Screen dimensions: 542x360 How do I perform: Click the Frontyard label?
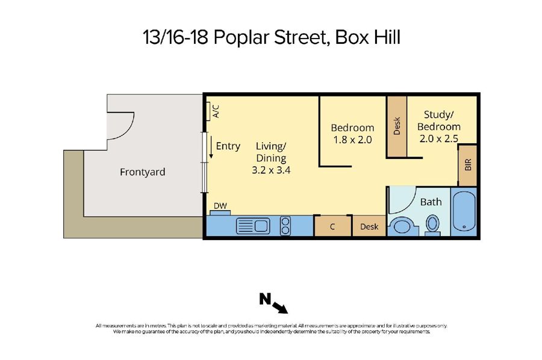(142, 172)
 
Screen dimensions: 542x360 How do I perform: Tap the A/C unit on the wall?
(208, 111)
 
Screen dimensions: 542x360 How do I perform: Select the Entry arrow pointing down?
(211, 147)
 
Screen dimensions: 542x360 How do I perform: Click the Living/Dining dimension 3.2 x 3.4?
(271, 170)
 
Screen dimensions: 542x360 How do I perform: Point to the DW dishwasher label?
(220, 206)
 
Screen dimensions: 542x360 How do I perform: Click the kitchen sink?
(253, 226)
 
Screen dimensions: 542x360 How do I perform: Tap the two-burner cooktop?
(285, 226)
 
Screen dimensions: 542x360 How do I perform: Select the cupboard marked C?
(332, 226)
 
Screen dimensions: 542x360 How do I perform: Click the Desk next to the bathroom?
(369, 226)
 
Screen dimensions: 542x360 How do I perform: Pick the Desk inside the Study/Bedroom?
(397, 126)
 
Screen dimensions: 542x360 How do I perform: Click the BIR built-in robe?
(468, 165)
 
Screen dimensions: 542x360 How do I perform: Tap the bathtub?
(464, 211)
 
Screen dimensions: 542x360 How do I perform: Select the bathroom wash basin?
(401, 226)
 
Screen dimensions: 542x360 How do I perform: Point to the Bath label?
(431, 202)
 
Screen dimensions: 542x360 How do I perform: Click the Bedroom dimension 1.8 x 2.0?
(352, 140)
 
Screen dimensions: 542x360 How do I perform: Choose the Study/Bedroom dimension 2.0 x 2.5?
(439, 138)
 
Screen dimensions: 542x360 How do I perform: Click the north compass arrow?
(280, 308)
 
